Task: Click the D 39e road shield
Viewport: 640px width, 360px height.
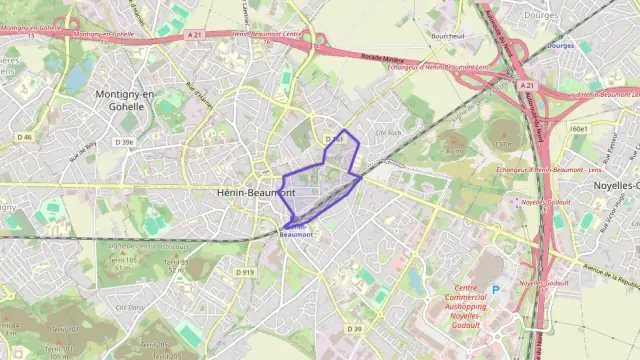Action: (125, 143)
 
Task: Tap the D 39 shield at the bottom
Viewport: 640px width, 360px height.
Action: (354, 329)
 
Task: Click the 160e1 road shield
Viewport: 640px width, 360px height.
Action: (578, 129)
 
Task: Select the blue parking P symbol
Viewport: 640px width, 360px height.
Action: (494, 290)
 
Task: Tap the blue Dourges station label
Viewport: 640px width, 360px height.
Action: (561, 45)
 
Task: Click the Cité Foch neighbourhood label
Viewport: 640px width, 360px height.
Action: (387, 132)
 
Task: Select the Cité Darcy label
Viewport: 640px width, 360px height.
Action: (131, 307)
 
